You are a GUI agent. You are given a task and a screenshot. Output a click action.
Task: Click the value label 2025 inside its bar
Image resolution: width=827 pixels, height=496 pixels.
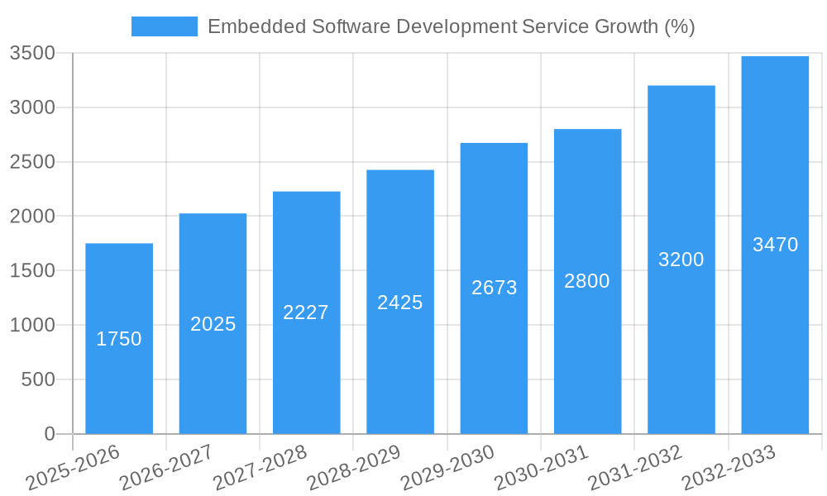click(213, 324)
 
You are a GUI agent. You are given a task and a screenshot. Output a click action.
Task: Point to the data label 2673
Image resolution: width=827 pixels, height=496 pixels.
click(495, 288)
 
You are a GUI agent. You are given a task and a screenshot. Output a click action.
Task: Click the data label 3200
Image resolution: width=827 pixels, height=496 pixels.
click(681, 260)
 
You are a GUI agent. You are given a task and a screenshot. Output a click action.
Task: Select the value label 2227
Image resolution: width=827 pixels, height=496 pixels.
click(306, 312)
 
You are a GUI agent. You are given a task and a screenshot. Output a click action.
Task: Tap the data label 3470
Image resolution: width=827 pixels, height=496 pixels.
click(775, 245)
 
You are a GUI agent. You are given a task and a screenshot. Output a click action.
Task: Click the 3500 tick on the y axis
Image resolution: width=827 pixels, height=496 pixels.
click(32, 54)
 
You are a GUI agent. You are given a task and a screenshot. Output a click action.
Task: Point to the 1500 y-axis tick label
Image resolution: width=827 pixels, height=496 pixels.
click(32, 271)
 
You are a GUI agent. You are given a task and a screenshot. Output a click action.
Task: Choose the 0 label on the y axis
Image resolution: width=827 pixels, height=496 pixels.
click(49, 434)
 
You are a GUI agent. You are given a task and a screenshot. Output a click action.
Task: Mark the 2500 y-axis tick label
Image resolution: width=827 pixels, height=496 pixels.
click(32, 162)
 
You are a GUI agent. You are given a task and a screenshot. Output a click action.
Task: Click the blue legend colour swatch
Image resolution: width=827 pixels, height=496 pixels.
click(165, 26)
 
